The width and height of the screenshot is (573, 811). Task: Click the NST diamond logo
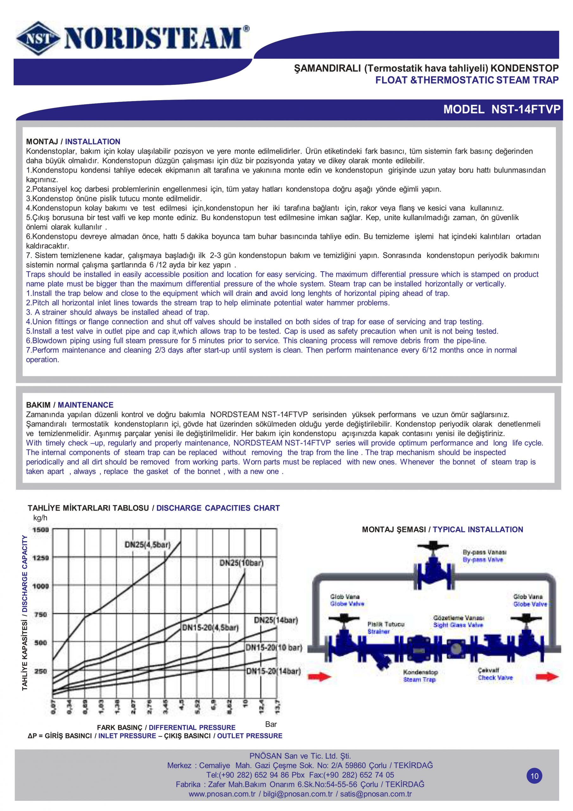point(37,39)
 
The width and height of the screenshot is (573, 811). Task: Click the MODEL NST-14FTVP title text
point(502,110)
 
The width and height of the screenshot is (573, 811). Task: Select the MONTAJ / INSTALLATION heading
point(73,142)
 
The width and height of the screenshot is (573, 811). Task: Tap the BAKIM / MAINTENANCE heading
point(70,405)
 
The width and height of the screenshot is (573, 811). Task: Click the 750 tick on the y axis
point(40,615)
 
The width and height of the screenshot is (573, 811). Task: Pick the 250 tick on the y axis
point(40,671)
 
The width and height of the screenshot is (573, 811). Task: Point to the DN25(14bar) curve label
point(276,620)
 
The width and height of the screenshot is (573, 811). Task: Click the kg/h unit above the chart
point(40,518)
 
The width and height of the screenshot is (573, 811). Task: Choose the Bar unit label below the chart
point(271,725)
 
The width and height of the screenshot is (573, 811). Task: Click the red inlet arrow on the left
point(320,677)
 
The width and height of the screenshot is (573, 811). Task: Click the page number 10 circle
point(534,776)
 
